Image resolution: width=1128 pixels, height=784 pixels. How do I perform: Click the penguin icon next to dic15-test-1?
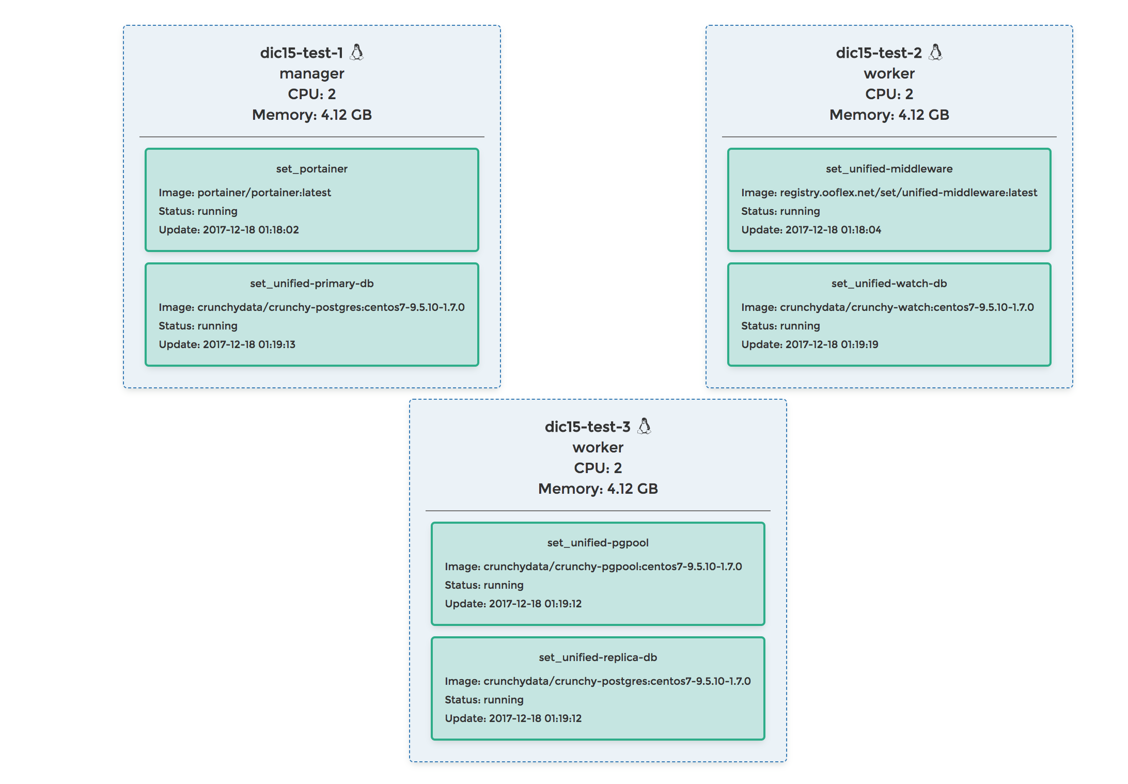pos(357,52)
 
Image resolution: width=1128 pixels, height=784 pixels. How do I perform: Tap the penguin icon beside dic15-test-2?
pos(935,52)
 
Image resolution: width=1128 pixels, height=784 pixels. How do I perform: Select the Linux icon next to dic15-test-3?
pos(644,426)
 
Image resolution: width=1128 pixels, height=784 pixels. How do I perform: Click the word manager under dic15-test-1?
pos(311,74)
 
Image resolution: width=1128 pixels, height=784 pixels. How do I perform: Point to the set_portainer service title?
pos(311,169)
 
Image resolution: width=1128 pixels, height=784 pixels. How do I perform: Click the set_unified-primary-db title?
pos(311,284)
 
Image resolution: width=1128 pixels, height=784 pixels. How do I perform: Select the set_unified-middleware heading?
pos(889,169)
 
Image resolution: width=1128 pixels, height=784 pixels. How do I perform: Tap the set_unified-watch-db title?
pos(889,284)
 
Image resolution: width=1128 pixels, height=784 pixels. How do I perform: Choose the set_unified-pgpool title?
pos(598,543)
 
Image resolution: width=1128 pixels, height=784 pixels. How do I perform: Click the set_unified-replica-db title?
pos(598,657)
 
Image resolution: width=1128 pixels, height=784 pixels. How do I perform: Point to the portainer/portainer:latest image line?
pos(245,193)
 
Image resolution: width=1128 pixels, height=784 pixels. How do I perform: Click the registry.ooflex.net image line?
pos(889,193)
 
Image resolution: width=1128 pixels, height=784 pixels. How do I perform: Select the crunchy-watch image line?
pos(887,307)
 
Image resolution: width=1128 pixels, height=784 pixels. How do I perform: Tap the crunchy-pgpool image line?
pos(593,567)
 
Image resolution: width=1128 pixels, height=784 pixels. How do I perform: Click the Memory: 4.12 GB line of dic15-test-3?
pos(598,489)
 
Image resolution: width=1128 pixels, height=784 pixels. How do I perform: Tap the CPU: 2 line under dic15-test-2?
pos(889,94)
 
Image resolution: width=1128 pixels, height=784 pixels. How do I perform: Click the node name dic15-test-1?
pos(302,53)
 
